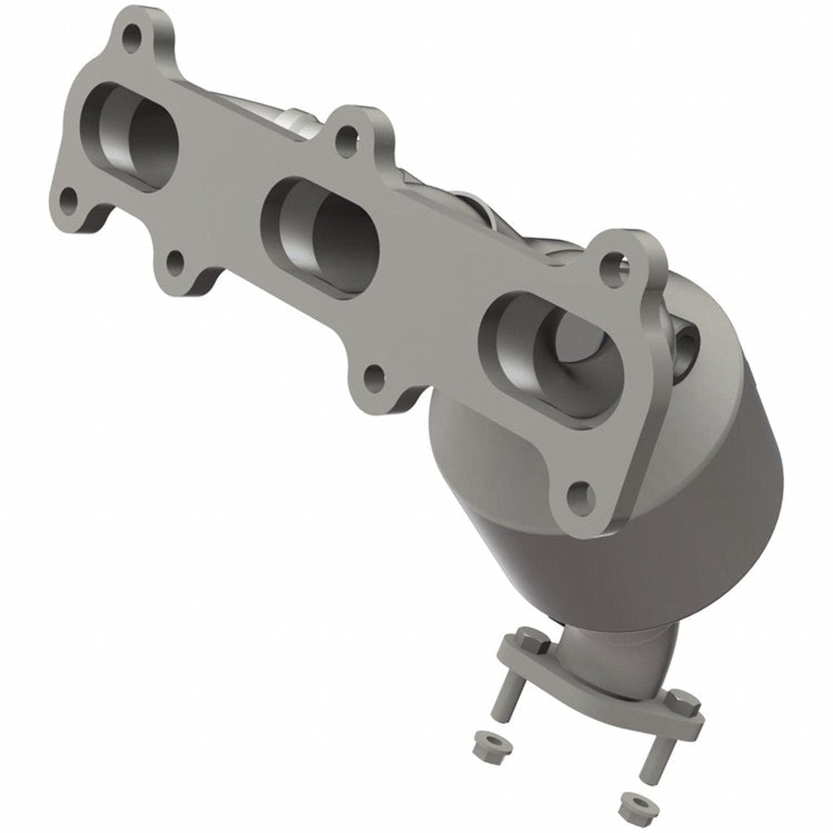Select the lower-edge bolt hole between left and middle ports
(175, 262)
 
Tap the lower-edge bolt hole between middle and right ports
(373, 377)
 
